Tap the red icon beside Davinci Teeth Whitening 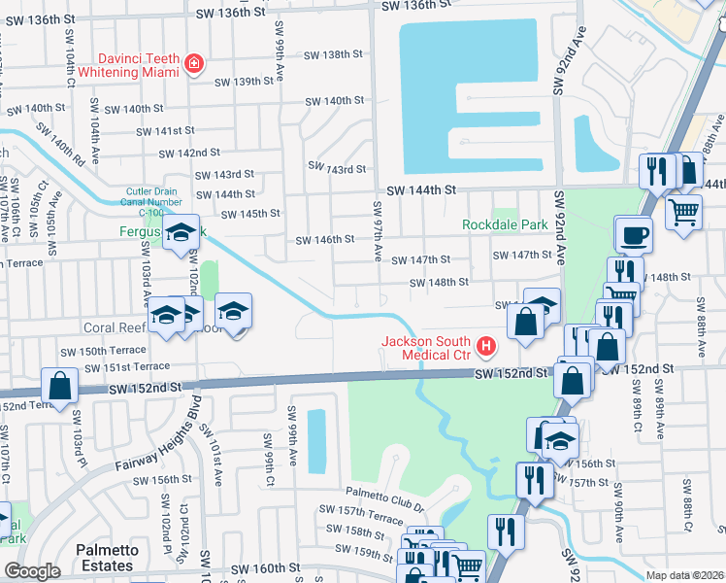tap(195, 64)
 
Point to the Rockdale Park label tap(505, 224)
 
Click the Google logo tap(32, 571)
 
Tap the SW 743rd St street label tap(337, 169)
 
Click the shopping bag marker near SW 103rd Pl tap(60, 385)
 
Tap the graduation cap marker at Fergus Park tap(180, 233)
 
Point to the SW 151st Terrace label tap(122, 368)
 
